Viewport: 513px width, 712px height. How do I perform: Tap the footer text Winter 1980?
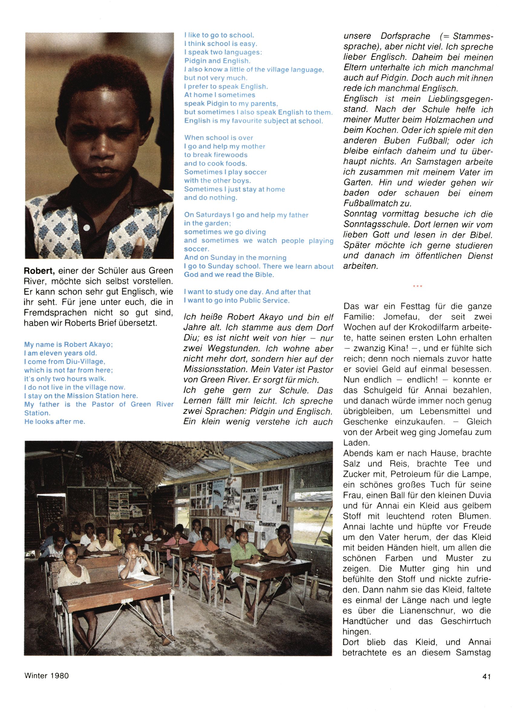[x=47, y=675]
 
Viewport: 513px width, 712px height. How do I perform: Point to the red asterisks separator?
[x=418, y=286]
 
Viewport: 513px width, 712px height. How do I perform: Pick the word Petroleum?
[x=413, y=474]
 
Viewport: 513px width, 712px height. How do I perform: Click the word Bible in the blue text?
[x=263, y=275]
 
